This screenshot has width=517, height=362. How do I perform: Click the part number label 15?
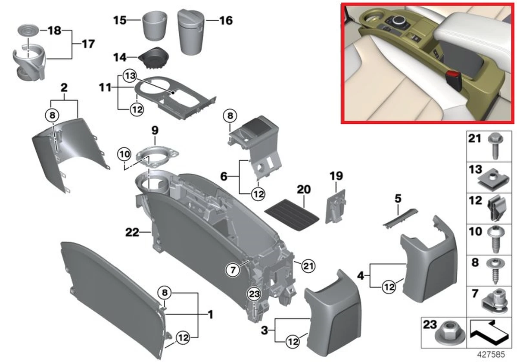click(120, 20)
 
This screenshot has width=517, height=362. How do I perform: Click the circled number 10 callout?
click(125, 153)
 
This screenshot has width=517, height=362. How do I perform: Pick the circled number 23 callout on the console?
click(254, 294)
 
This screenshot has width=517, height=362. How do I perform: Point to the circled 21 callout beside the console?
click(307, 265)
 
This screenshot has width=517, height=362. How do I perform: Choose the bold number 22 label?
click(132, 233)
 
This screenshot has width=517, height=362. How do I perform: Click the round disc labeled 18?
click(28, 31)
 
